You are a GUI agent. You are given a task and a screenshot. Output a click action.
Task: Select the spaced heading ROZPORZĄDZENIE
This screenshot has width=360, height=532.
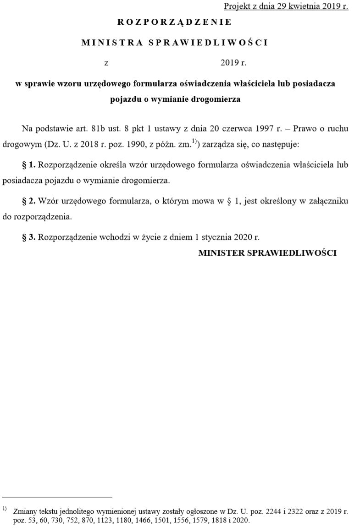[174, 22]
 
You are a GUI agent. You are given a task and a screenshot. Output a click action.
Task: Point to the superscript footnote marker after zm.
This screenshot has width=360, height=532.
[193, 143]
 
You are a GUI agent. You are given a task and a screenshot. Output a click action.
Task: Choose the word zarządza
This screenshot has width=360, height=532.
[216, 145]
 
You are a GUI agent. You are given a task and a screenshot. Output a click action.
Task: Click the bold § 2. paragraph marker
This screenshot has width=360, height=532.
[30, 201]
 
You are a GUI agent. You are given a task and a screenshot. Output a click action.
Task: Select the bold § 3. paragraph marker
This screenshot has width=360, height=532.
[30, 237]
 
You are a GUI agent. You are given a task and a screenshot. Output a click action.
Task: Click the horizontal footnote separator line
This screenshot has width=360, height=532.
[57, 497]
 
